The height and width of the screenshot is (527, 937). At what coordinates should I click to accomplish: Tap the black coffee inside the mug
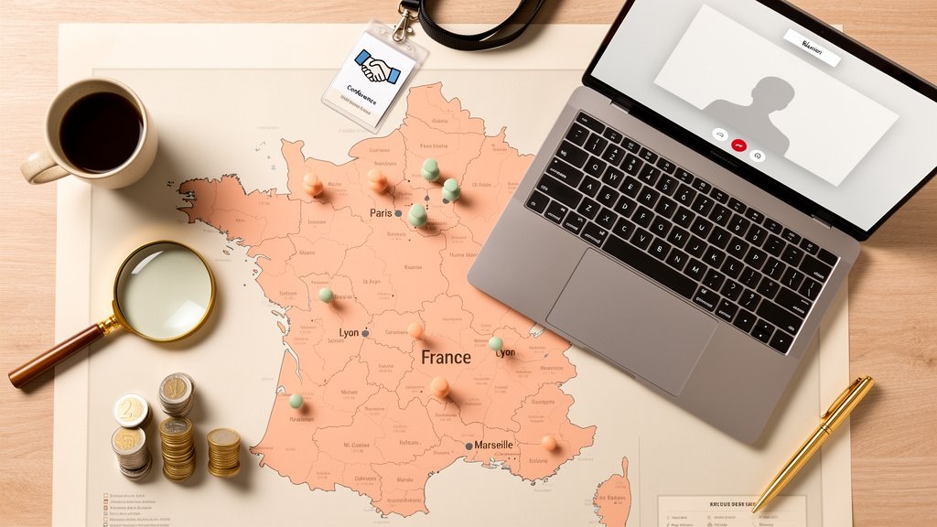coord(101,132)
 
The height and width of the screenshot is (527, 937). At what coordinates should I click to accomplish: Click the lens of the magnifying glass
coord(165,291)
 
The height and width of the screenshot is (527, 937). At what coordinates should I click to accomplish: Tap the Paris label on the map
coord(381,213)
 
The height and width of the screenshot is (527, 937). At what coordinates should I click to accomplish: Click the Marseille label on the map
coord(494,446)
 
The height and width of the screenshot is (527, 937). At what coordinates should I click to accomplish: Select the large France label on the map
coord(446,358)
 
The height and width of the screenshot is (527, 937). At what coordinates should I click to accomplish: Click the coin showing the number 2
coord(131,410)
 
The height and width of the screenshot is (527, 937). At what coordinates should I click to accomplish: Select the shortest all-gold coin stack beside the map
coord(223,452)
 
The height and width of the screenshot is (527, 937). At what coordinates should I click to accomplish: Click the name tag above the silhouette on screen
coord(812,47)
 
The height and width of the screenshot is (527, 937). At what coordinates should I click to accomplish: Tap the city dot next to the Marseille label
coord(469,446)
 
